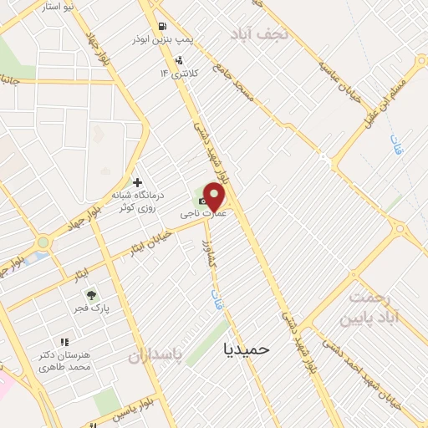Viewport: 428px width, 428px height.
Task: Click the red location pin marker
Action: (215, 196)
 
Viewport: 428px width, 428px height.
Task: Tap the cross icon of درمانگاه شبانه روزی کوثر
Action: (137, 182)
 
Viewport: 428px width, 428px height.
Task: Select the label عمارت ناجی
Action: (201, 214)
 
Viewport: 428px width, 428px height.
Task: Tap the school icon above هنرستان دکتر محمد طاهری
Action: (64, 342)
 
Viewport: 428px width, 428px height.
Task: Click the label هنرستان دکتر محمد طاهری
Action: (63, 362)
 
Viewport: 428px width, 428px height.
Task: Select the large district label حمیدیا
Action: (248, 349)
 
